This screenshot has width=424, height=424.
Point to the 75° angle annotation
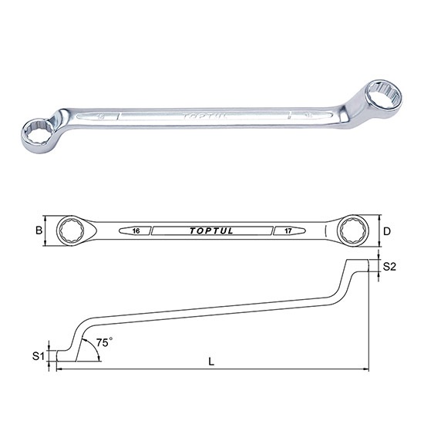pos(103,340)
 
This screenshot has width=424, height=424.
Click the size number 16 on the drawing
pos(135,231)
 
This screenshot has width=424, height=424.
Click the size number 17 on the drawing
pos(285,231)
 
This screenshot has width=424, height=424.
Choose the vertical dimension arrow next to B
pos(48,230)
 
